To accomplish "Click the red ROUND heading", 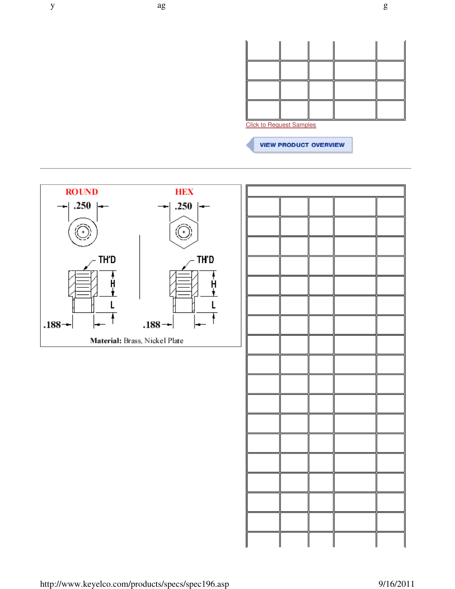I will point(82,192).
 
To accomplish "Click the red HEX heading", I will point(184,192).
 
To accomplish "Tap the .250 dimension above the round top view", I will point(82,206).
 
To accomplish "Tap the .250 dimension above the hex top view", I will point(184,206).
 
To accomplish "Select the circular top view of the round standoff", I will point(83,232).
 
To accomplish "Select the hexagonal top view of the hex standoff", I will point(184,232).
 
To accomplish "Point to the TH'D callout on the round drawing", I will point(107,260).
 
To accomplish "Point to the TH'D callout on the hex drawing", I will point(205,260).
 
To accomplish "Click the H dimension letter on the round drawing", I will point(113,284).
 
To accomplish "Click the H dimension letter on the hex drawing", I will point(213,284).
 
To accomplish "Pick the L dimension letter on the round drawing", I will point(112,305).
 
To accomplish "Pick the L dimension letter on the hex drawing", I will point(213,305).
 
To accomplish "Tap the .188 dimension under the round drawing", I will point(52,325).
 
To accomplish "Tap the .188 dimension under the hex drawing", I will point(152,325).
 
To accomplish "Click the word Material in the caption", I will point(106,341).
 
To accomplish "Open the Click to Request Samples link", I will point(281,125).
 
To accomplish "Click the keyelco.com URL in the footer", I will point(134,584).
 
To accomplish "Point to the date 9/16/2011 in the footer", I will point(396,584).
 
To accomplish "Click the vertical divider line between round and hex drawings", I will point(140,267).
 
